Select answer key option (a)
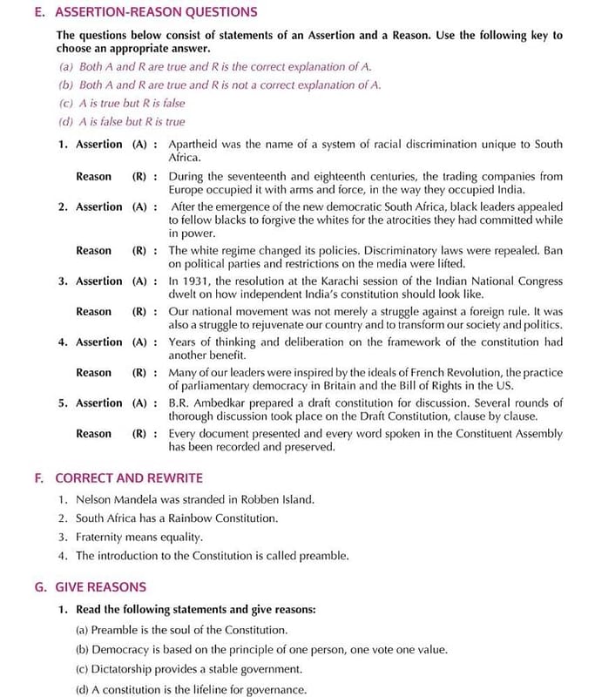(x=66, y=66)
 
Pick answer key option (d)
(x=66, y=122)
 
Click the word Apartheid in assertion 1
(x=196, y=145)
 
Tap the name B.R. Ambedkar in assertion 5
(x=210, y=403)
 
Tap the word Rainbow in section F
(x=184, y=518)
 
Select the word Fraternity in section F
(x=102, y=537)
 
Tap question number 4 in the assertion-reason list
(x=62, y=342)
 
